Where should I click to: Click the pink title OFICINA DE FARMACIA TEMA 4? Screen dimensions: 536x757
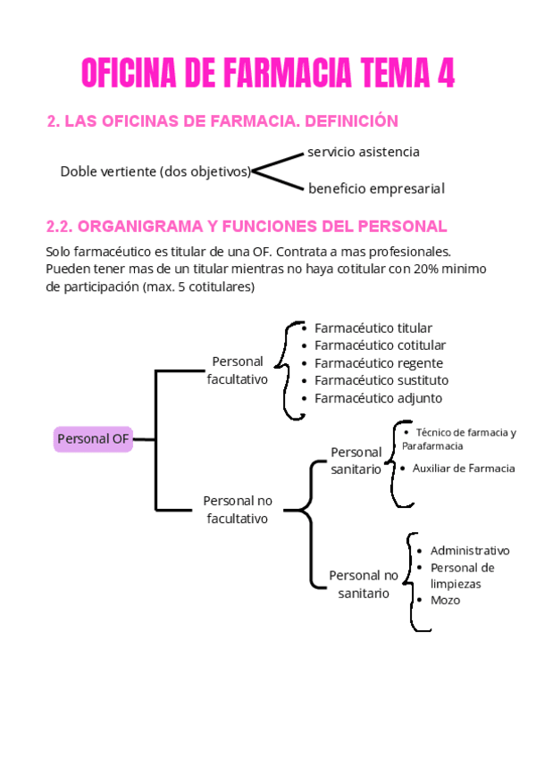click(x=268, y=73)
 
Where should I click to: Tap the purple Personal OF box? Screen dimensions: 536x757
click(x=93, y=438)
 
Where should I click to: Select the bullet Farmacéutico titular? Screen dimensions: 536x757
click(x=373, y=329)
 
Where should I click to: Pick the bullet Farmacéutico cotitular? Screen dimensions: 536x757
click(x=380, y=345)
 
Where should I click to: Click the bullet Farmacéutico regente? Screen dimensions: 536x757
click(x=378, y=363)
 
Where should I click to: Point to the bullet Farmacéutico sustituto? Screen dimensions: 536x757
click(x=381, y=380)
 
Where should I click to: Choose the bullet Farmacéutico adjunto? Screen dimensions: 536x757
click(x=378, y=398)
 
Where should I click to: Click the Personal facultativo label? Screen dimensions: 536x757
click(x=238, y=370)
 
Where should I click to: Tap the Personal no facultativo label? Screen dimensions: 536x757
click(x=238, y=510)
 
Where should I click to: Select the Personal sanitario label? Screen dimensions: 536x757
click(x=356, y=461)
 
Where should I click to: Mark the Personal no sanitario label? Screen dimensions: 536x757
click(x=364, y=584)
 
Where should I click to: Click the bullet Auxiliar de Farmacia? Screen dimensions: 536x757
click(x=463, y=468)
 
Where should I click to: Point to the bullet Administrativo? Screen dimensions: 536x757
click(x=469, y=551)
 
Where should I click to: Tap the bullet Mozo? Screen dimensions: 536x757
click(x=445, y=600)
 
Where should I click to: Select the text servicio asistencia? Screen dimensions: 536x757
click(x=363, y=152)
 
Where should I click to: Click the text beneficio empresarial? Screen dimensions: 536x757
click(x=376, y=188)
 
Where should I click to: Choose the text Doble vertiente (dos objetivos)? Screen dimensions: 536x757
click(x=155, y=171)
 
